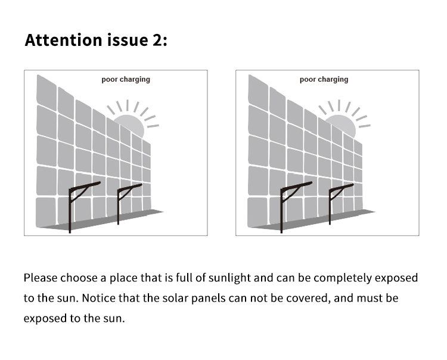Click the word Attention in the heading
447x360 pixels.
63,40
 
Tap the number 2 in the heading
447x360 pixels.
156,40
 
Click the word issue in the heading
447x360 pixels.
128,40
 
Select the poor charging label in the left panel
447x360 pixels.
126,79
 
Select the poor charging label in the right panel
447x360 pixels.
324,79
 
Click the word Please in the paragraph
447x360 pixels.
40,278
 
